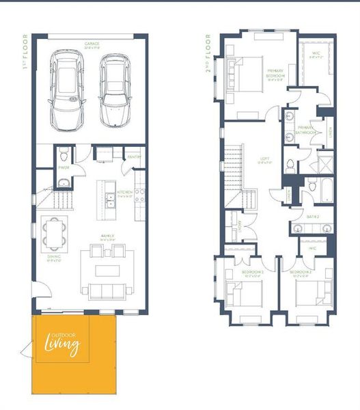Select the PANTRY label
(x=134, y=157)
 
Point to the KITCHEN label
(x=124, y=192)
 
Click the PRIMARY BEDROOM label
(x=275, y=72)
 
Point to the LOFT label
(x=265, y=162)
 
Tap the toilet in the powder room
(x=64, y=152)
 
